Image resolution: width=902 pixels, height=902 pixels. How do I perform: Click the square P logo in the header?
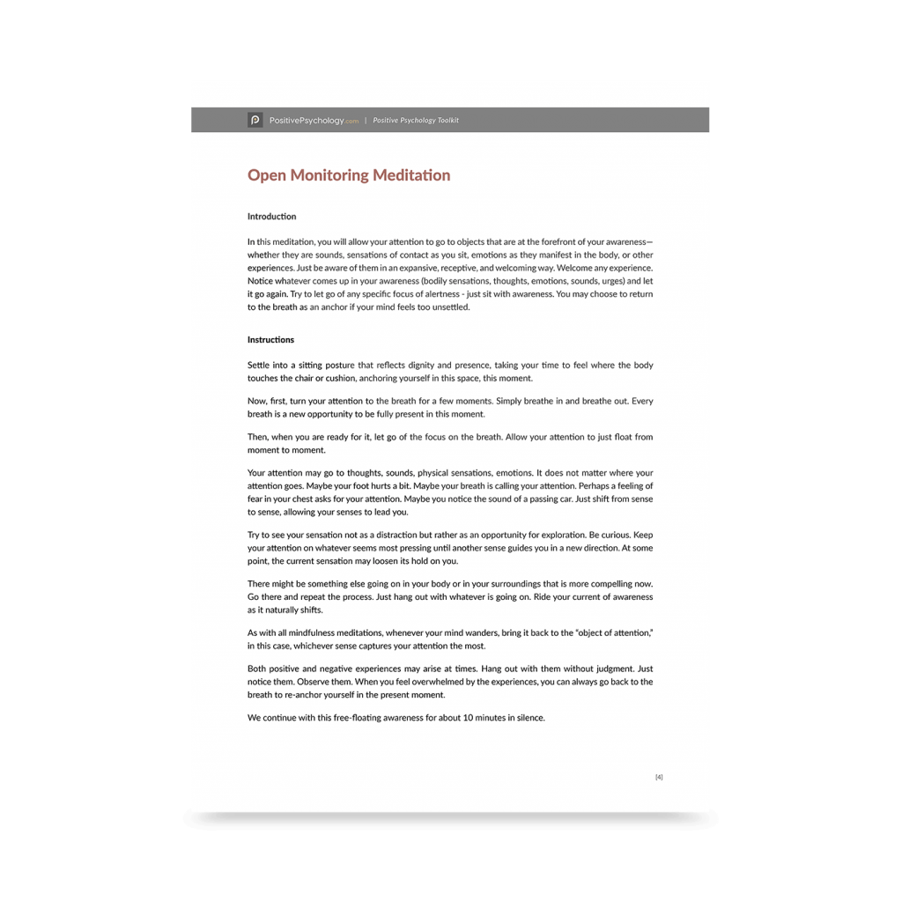pos(255,120)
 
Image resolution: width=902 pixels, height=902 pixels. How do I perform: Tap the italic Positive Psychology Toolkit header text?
pos(416,121)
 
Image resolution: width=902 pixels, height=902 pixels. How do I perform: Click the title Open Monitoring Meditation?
pos(348,175)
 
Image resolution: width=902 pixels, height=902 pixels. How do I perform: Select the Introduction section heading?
pos(271,217)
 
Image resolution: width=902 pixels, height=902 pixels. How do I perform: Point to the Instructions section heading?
pos(270,340)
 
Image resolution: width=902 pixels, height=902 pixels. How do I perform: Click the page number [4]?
pos(659,777)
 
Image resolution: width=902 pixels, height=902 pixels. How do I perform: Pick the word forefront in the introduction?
pos(529,241)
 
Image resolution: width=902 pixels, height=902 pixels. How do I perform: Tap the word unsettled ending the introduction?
pos(450,307)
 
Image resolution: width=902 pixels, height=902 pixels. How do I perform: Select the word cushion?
pos(341,378)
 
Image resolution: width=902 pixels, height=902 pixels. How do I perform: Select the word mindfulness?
pos(313,633)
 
